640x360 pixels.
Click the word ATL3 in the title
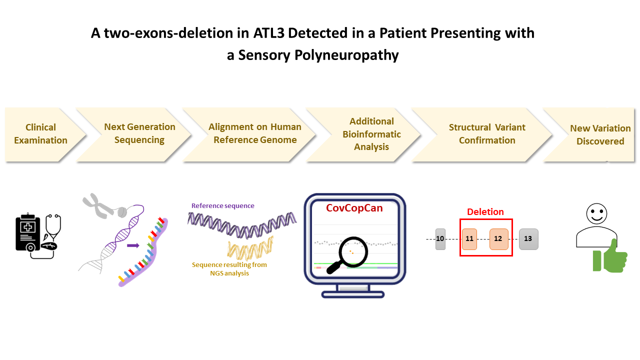tap(269, 33)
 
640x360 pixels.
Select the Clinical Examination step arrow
tap(43, 134)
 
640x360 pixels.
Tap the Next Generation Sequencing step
tap(134, 134)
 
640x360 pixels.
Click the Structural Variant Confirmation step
tap(483, 134)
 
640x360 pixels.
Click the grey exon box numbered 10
tap(440, 239)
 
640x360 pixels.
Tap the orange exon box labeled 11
tap(469, 239)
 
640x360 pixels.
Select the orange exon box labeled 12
tap(499, 239)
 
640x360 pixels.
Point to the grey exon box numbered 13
tap(528, 239)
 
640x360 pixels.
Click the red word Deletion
tap(485, 211)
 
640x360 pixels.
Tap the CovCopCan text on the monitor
tap(354, 208)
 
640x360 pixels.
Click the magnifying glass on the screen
tap(349, 254)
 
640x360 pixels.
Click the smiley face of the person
tap(596, 213)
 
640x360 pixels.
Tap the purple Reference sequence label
tap(223, 205)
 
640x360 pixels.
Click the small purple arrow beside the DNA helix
tap(133, 245)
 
